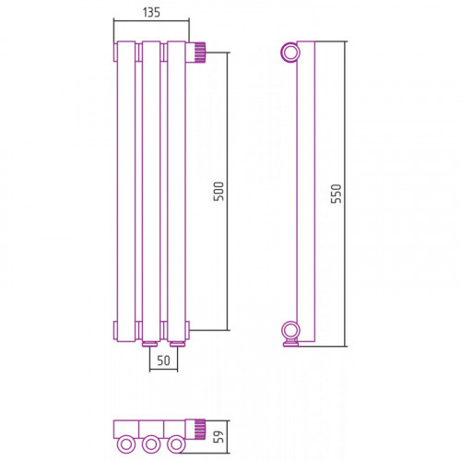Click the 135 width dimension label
151,12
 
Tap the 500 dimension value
219,192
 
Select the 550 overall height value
337,194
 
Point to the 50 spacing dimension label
163,361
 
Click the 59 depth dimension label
219,436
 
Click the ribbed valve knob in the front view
200,53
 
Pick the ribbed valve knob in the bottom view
200,430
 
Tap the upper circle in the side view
290,53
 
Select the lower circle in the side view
290,331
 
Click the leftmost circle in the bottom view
125,444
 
